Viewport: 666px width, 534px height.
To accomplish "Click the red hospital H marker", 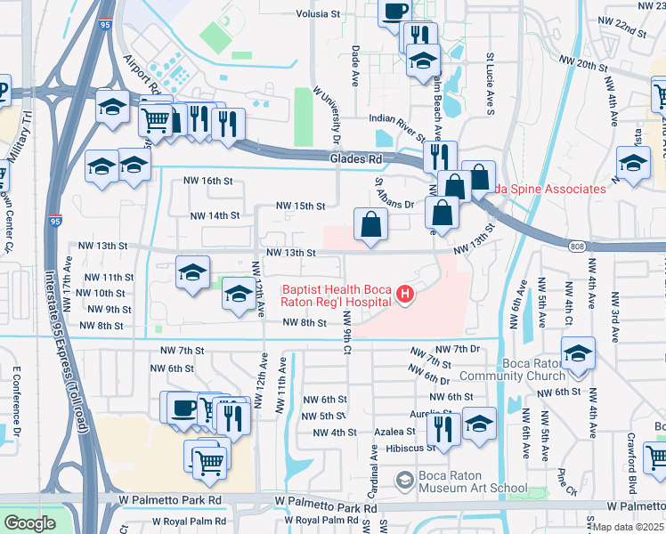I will [x=406, y=295].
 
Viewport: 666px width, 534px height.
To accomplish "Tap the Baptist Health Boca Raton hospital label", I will [x=337, y=295].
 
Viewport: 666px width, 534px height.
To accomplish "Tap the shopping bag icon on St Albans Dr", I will [x=370, y=225].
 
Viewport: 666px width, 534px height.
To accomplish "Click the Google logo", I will [x=29, y=522].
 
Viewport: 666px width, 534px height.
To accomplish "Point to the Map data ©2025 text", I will [x=626, y=527].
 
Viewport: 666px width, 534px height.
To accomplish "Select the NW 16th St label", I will [x=207, y=181].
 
